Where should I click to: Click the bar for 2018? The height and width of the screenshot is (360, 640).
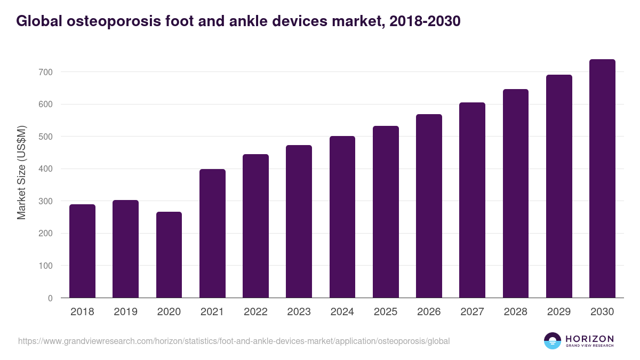point(82,251)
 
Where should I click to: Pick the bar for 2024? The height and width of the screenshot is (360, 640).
point(342,217)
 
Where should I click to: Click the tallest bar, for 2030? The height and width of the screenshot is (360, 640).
point(602,179)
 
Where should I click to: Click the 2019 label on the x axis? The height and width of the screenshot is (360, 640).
point(125,312)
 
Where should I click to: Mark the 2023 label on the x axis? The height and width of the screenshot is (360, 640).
point(299,312)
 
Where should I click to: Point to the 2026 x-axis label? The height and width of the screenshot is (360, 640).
point(429,312)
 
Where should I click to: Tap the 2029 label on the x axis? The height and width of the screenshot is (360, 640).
point(559,312)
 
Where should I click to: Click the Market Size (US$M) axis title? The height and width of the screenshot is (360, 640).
point(21,173)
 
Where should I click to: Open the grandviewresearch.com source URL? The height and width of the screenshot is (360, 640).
point(234,341)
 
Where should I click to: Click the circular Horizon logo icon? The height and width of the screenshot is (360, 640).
point(553,341)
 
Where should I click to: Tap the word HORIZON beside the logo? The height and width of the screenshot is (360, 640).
point(589,338)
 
